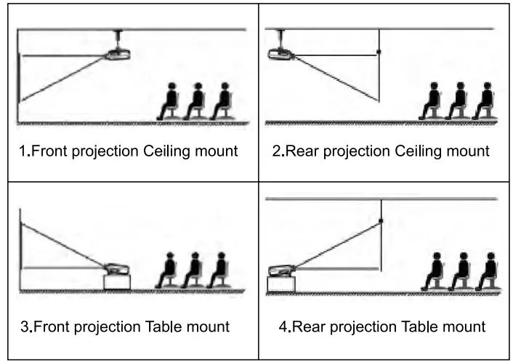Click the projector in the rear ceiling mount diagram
pos(278,53)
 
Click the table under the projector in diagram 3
pos(118,282)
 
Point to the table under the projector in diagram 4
pos(281,283)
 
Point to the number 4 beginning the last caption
pos(283,327)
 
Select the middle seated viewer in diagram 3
pos(193,271)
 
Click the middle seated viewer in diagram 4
pos(460,271)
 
